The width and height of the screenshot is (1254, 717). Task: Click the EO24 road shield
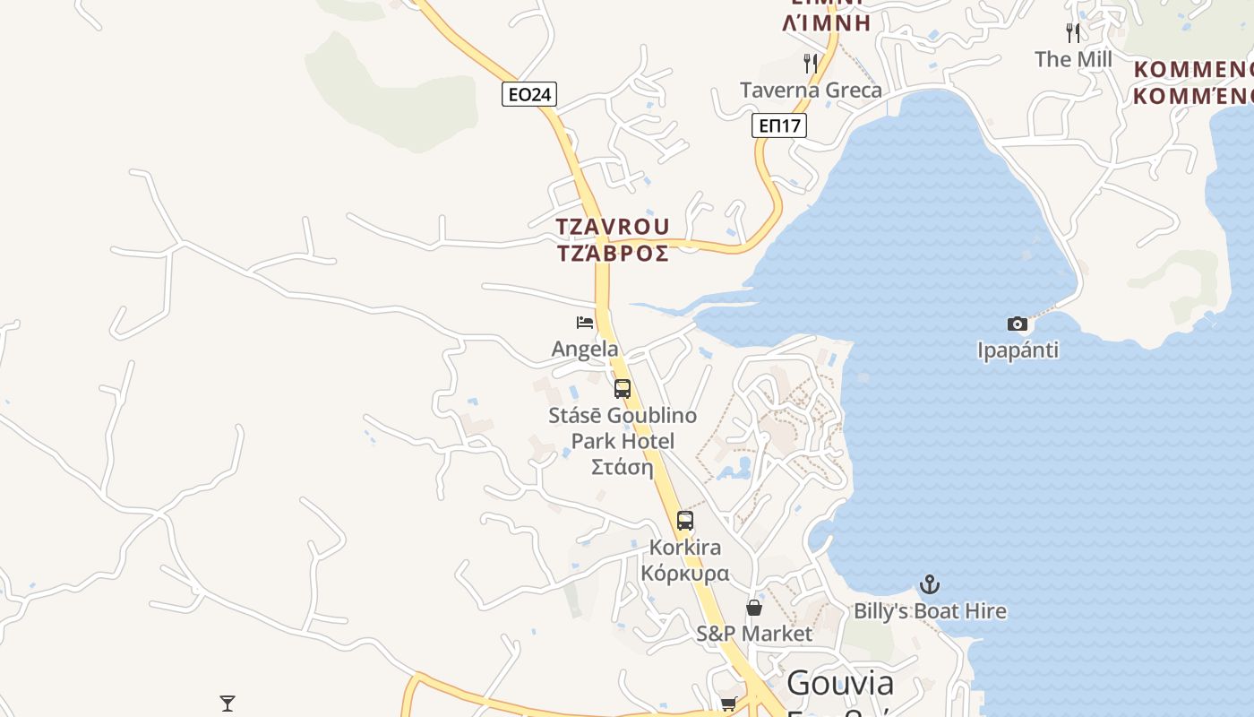529,94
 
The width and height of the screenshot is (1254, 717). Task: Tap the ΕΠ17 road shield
778,125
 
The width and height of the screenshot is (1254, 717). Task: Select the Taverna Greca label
811,90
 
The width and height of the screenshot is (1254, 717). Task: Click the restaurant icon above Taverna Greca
811,63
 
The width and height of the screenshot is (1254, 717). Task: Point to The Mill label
1073,59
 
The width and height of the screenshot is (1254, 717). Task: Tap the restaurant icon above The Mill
1073,33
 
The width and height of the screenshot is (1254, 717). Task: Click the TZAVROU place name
613,227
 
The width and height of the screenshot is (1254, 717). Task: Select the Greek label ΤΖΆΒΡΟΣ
613,254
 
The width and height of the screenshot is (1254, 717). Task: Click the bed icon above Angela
585,323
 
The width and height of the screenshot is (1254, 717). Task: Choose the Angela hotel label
585,349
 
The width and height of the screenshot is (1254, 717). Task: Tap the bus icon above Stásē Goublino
623,389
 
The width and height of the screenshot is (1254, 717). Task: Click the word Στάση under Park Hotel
623,467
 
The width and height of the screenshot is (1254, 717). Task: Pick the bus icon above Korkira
685,520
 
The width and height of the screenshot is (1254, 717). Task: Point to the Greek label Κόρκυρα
685,574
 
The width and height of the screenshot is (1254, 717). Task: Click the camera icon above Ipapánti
1018,324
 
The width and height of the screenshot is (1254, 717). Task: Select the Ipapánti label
1018,350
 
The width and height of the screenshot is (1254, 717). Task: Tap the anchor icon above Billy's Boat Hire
930,584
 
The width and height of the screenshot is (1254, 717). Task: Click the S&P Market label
754,634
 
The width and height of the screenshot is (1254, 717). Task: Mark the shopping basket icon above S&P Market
754,608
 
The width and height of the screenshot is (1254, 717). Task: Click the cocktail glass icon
228,704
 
